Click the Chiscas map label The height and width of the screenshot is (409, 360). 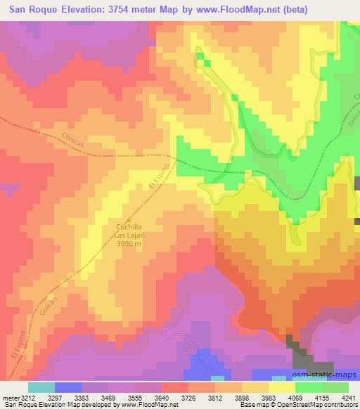click(73, 139)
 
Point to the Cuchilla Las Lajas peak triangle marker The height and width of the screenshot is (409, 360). click(128, 219)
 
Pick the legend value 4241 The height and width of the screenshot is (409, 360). click(347, 398)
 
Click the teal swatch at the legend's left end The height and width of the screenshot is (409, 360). click(41, 387)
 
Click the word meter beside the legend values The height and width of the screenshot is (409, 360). click(8, 398)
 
